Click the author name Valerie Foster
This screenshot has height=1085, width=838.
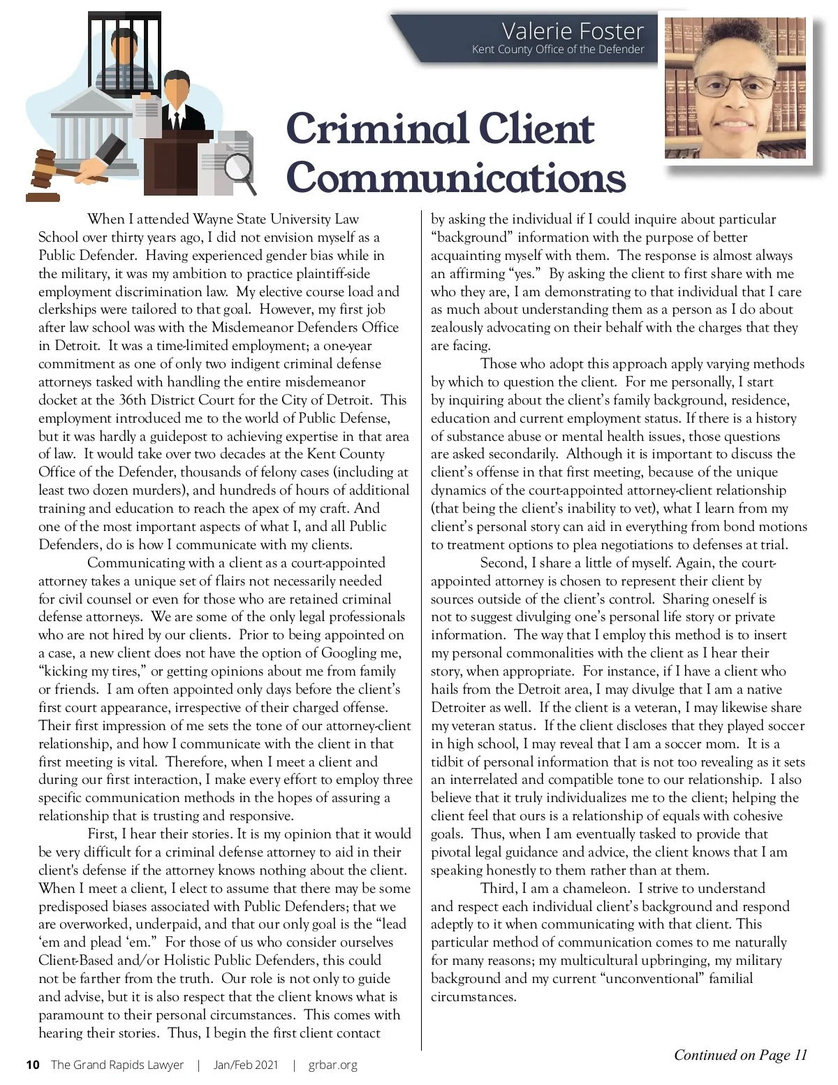[x=572, y=31]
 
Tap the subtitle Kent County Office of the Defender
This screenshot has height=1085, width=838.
[x=557, y=50]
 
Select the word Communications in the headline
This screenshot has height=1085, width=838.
[x=455, y=177]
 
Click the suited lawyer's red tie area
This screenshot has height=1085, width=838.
[x=176, y=119]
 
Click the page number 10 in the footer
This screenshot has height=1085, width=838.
[x=32, y=1065]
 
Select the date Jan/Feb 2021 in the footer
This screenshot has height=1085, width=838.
[x=245, y=1065]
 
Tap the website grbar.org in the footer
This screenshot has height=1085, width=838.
[x=332, y=1065]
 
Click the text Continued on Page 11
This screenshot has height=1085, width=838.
[x=740, y=1055]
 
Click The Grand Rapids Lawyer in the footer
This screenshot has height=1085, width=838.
[x=117, y=1065]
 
